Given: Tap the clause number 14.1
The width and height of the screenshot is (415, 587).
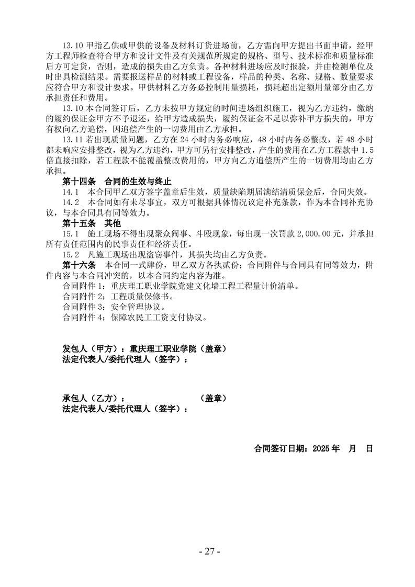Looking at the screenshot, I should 70,191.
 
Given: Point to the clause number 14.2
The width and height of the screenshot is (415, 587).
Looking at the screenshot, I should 70,202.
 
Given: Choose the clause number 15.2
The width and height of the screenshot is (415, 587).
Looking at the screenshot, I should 70,254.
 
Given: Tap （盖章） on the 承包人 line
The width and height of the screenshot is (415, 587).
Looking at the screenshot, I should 214,398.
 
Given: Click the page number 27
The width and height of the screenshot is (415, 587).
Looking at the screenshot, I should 210,551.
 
